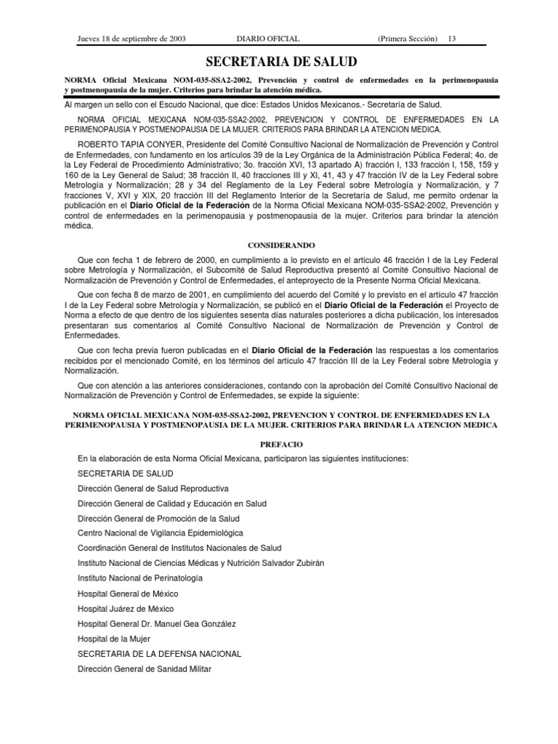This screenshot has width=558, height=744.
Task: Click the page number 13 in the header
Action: pos(452,39)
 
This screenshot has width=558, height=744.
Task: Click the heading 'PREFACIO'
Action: pos(281,444)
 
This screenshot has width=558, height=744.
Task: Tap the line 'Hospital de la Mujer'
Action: pos(114,639)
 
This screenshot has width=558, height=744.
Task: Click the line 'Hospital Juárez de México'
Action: pos(126,609)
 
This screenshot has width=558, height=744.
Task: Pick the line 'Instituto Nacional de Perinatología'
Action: pos(140,578)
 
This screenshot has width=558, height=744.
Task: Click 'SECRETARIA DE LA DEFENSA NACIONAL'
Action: pos(159,654)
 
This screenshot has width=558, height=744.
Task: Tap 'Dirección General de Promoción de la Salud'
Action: pos(158,519)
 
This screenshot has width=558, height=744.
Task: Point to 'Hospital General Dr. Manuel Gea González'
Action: pos(157,623)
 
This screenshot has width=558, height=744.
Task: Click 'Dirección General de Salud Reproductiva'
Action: pos(153,488)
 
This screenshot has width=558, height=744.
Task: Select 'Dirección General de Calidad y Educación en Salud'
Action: pos(172,504)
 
